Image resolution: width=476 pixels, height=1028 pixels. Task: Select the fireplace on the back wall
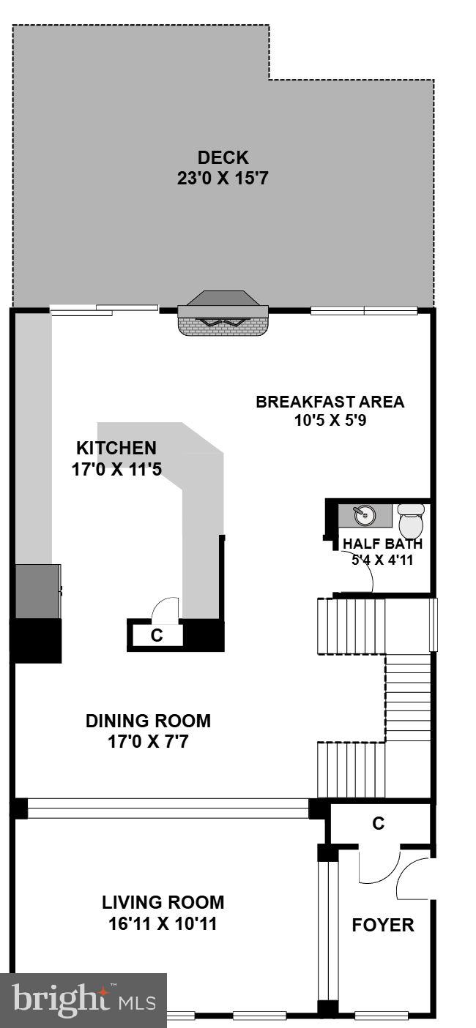point(223,315)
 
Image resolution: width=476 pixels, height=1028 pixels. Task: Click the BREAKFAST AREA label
point(330,402)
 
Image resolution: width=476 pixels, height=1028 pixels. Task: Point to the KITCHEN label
point(116,448)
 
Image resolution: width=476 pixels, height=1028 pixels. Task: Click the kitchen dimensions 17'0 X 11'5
point(116,469)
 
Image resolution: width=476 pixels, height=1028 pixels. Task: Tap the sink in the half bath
point(364,515)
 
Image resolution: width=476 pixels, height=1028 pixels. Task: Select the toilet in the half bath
point(411,520)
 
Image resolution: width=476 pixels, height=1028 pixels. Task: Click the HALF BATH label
point(382,544)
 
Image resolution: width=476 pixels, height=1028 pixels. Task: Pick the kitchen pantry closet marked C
point(156,635)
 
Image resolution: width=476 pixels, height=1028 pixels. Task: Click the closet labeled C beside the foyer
point(378,823)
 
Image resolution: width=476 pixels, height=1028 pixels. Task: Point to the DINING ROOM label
point(148,721)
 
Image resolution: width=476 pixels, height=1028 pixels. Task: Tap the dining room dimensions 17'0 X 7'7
point(148,742)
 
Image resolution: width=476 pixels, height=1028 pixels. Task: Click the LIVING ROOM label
point(163,903)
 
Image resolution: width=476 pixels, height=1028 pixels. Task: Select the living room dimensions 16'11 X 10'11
point(163,924)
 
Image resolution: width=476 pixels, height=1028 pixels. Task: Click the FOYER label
point(383,925)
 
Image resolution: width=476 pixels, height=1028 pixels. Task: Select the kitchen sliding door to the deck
point(104,310)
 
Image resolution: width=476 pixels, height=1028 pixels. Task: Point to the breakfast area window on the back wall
point(364,311)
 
